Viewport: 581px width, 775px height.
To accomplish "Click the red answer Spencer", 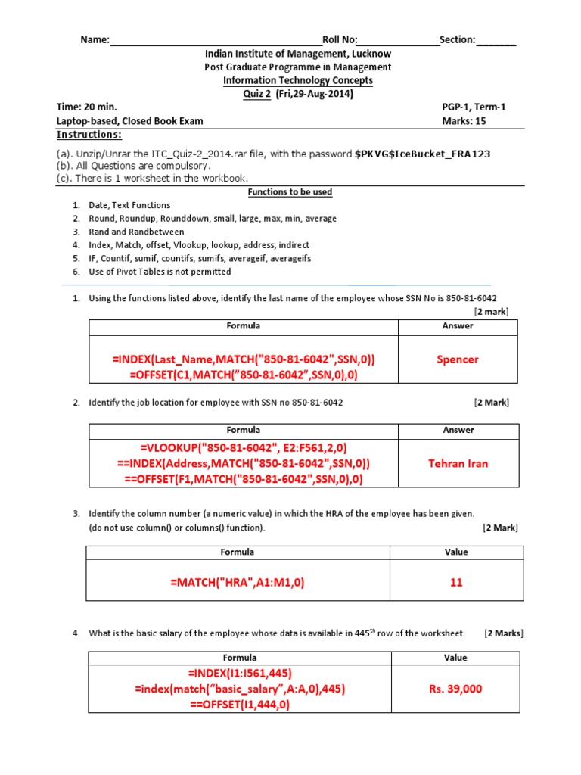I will coord(458,359).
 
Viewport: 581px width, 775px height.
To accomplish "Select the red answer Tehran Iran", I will coord(458,463).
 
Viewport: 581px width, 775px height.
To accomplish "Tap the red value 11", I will coord(455,583).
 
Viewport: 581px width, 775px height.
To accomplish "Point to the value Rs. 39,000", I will coord(455,689).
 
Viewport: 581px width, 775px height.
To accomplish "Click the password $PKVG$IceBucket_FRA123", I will coord(422,154).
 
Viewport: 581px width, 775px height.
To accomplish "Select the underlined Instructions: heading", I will coord(89,135).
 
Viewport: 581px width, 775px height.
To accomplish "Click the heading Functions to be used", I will coord(290,192).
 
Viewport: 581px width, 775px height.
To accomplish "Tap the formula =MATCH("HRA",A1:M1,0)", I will coord(238,583).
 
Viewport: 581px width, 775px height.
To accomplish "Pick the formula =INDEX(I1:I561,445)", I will coord(240,673).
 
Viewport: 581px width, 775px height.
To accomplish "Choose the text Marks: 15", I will coord(464,121).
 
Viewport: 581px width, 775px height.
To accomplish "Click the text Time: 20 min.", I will coord(87,107).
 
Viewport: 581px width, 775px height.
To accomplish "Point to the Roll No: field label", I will coord(340,39).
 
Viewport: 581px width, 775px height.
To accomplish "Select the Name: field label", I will coord(95,39).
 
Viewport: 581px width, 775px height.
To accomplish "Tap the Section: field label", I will coord(457,39).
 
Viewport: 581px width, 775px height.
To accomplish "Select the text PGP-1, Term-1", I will coord(474,107).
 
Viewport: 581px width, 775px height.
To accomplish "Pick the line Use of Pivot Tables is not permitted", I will coord(160,272).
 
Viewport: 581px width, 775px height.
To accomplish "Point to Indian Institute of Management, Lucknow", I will coord(298,54).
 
